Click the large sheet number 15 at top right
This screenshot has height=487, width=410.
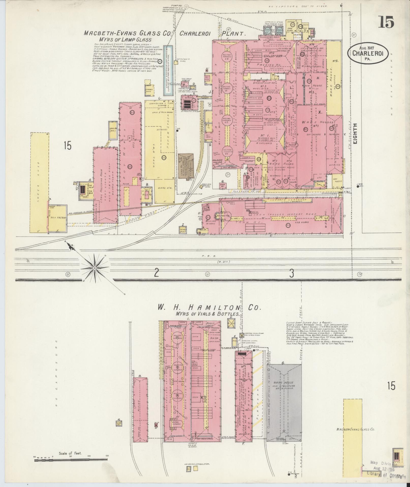click(x=386, y=22)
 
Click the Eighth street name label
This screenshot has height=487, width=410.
click(x=355, y=134)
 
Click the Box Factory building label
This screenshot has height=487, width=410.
click(x=58, y=218)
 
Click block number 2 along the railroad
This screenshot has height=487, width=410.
click(x=156, y=273)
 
